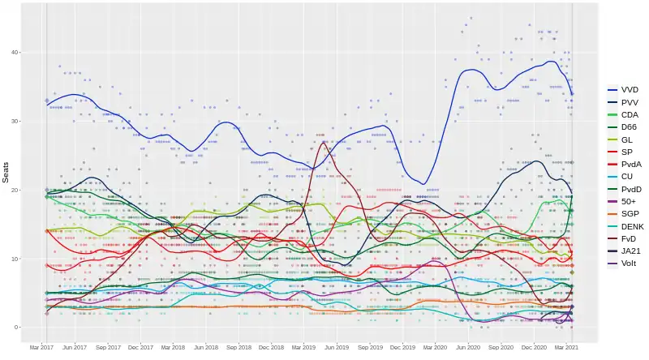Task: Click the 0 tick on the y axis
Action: [30, 328]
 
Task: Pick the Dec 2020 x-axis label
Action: [534, 348]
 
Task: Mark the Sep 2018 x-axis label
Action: [239, 348]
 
